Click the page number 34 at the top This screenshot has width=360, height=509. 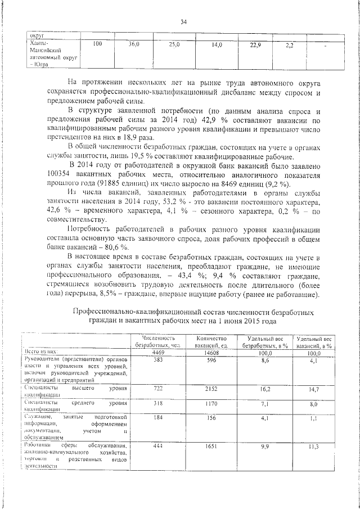(183, 22)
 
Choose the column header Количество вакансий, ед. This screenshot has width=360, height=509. (211, 341)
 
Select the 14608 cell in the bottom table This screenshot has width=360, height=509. (211, 353)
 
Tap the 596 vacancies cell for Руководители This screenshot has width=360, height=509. (211, 360)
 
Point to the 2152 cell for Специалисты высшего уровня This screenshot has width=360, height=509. (211, 388)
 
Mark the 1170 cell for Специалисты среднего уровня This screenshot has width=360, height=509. (211, 403)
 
